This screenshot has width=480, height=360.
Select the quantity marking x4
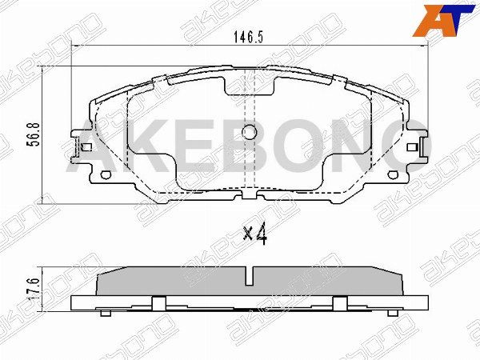(254, 234)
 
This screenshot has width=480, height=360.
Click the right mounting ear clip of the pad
(414, 149)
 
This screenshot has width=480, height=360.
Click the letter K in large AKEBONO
(142, 151)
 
